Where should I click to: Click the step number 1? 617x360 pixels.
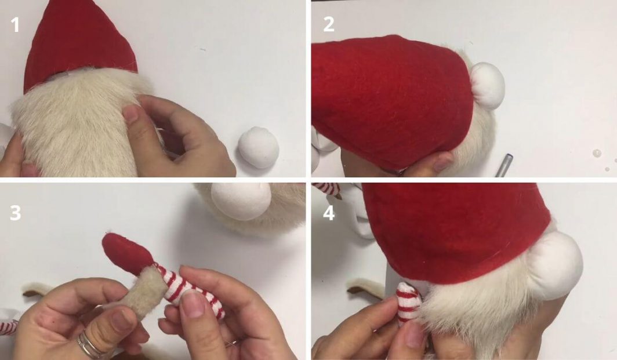coord(15,26)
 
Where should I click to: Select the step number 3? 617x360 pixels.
coord(15,213)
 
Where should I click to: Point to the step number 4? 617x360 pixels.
coord(329,213)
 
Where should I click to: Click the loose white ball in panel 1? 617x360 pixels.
coord(259,148)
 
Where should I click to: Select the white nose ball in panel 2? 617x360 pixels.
coord(487,86)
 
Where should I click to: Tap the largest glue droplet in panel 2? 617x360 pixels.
coord(597,154)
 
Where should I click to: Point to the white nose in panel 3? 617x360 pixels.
coord(241,200)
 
